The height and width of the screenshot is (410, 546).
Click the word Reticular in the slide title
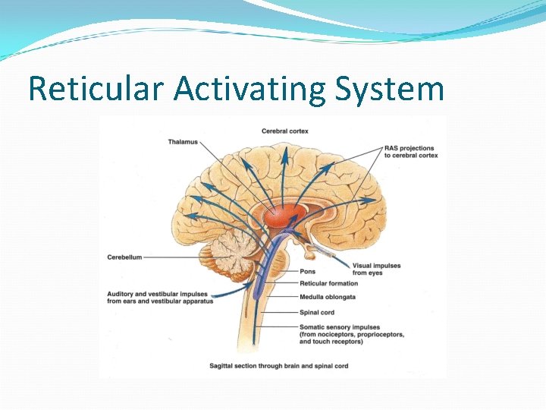96,88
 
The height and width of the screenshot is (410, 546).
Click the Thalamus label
183,142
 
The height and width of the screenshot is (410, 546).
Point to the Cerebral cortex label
285,131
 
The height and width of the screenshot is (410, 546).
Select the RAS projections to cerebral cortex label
411,151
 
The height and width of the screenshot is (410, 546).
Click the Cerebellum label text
124,257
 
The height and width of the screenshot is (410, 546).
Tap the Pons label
307,271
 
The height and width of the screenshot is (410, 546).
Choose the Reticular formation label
328,284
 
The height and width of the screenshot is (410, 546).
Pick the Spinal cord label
317,312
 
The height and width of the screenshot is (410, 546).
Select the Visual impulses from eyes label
376,269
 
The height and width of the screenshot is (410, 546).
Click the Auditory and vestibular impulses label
159,297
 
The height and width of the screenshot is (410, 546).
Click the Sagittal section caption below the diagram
278,366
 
